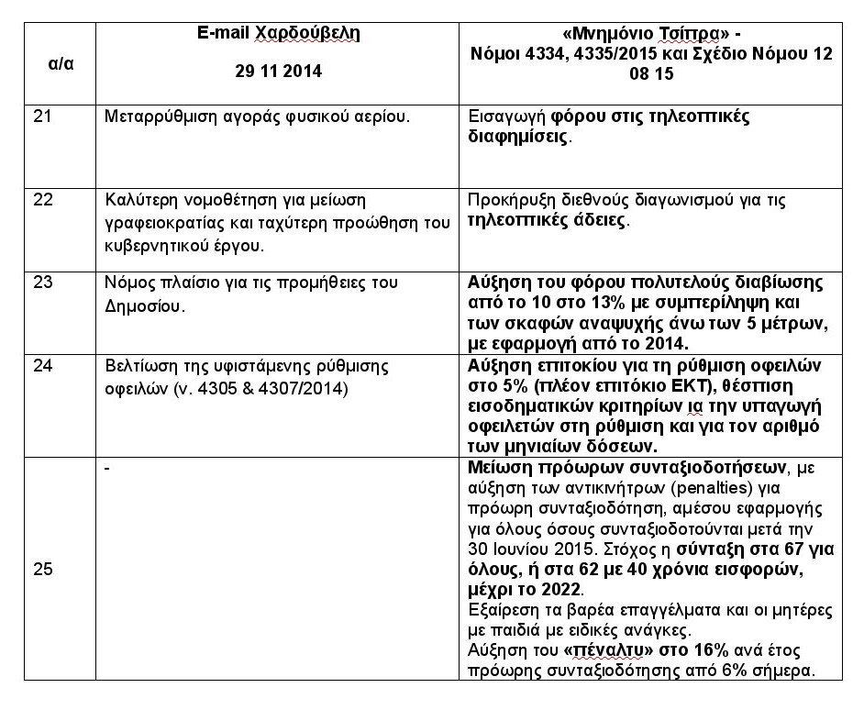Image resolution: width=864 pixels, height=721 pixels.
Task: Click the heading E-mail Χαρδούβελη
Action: [x=279, y=34]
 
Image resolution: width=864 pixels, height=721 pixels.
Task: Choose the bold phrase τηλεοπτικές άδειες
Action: [x=548, y=221]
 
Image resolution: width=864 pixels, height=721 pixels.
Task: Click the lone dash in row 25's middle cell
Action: [x=108, y=468]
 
